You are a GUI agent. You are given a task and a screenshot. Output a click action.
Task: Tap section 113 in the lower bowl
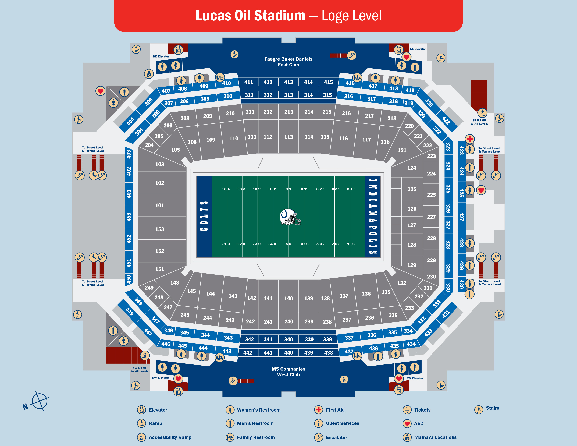click(x=288, y=137)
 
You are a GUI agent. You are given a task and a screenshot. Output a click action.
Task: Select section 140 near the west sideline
click(x=288, y=298)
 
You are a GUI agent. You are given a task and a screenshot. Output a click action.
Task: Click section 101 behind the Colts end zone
click(x=160, y=205)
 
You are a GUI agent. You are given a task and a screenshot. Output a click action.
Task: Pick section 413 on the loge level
click(x=288, y=82)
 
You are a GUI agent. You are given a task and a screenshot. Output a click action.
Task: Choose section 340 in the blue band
click(x=288, y=339)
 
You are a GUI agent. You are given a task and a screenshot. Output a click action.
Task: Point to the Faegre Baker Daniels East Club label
click(x=288, y=62)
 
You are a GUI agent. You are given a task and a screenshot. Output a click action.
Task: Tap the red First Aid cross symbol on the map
click(x=469, y=139)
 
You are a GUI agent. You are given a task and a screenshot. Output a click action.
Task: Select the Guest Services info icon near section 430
click(x=469, y=294)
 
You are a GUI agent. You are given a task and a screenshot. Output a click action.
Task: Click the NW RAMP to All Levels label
click(x=140, y=369)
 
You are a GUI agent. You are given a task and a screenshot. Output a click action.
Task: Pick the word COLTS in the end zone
click(x=204, y=216)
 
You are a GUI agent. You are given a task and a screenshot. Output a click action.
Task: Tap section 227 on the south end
click(x=431, y=217)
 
